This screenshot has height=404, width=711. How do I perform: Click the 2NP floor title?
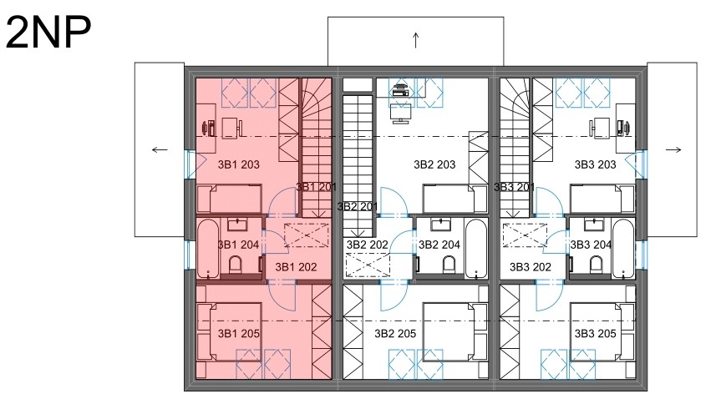[x=48, y=33]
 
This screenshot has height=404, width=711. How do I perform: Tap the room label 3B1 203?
[x=238, y=164]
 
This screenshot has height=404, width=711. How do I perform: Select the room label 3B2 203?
[x=434, y=164]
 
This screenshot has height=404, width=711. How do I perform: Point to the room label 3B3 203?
[x=596, y=164]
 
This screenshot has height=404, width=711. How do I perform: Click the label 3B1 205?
[x=238, y=334]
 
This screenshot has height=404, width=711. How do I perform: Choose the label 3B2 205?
[x=395, y=334]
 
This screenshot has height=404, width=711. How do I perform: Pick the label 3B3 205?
[x=596, y=334]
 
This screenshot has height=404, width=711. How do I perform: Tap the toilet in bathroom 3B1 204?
[x=236, y=265]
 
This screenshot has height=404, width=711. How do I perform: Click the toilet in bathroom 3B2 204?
[x=449, y=265]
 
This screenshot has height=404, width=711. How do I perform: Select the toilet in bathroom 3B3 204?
[x=597, y=265]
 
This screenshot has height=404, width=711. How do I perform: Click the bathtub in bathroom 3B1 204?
[x=208, y=249]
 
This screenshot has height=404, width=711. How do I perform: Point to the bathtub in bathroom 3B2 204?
[x=476, y=249]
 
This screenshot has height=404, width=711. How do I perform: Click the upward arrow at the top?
[x=416, y=40]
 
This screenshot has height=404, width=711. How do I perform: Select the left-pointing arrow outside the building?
[x=160, y=150]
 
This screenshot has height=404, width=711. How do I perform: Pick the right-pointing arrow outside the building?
[x=673, y=150]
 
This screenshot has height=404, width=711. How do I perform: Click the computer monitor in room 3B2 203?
[x=401, y=113]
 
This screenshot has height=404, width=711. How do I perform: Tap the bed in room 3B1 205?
[x=230, y=332]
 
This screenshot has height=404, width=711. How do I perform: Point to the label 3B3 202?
[x=530, y=267]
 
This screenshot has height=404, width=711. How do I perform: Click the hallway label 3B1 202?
[x=296, y=267]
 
